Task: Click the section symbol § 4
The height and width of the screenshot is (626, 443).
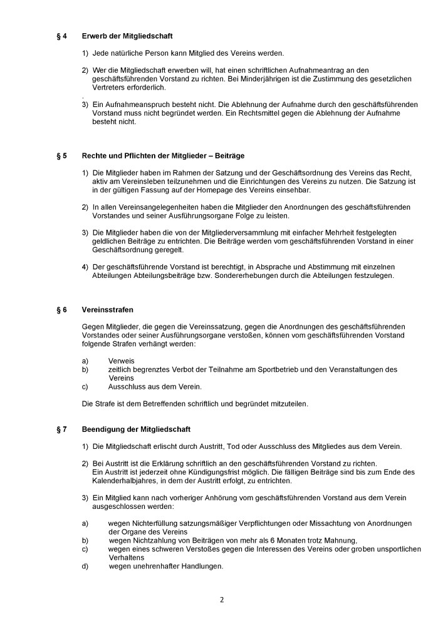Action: [x=60, y=36]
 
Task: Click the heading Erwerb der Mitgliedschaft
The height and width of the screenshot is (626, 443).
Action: [x=127, y=36]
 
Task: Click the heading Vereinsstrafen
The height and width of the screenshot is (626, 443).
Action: [x=108, y=309]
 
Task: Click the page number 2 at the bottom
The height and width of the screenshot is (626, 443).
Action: [x=221, y=599]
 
